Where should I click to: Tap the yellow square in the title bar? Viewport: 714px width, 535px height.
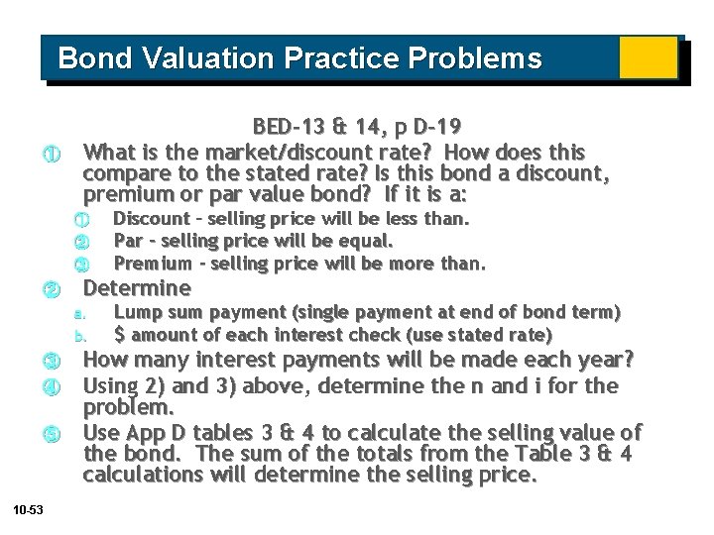pos(648,58)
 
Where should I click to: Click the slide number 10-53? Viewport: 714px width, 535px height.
pos(28,509)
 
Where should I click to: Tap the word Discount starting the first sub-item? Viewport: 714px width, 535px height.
pos(152,218)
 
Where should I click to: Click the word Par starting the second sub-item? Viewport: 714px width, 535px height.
pos(127,241)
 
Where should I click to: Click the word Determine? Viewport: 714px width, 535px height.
pos(137,288)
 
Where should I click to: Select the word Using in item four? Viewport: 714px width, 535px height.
pos(112,384)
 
